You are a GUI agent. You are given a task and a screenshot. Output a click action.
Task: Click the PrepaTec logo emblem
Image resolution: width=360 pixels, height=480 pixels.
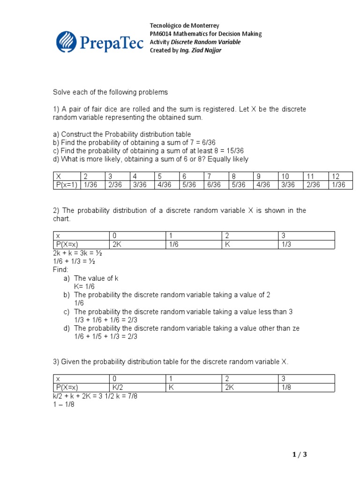(x=67, y=41)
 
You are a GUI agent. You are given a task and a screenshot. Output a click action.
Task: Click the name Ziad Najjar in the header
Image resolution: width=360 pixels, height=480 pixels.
(x=208, y=50)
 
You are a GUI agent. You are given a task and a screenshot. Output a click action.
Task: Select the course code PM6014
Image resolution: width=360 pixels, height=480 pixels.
(x=160, y=34)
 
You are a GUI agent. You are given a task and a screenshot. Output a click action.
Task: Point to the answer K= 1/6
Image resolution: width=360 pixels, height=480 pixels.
(x=85, y=286)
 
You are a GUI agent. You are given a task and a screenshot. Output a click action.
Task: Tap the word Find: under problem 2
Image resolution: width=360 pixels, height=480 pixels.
(x=60, y=270)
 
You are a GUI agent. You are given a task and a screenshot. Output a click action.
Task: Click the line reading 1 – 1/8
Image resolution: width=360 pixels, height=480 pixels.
(x=63, y=404)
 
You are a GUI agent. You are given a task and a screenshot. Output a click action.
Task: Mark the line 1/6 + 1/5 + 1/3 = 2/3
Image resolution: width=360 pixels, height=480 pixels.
(x=112, y=337)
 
